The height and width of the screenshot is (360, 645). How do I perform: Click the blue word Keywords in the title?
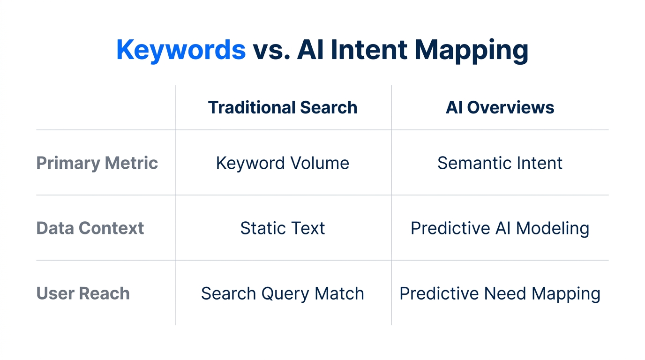tap(181, 50)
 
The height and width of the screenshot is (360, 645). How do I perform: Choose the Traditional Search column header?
tap(283, 107)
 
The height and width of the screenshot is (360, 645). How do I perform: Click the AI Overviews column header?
tap(500, 107)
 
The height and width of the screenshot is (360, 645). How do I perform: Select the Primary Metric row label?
tap(97, 163)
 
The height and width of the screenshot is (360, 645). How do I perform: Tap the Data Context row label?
tap(90, 228)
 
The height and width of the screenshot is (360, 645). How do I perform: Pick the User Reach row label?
tap(83, 293)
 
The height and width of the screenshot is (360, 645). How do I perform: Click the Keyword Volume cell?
tap(283, 163)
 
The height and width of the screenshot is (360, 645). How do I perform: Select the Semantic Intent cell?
tap(500, 163)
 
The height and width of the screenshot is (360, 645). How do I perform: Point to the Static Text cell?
tap(283, 228)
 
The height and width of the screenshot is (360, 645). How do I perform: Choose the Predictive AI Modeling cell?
tap(500, 228)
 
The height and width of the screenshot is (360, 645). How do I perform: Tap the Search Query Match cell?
tap(283, 293)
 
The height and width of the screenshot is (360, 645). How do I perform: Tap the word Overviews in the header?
tap(510, 107)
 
